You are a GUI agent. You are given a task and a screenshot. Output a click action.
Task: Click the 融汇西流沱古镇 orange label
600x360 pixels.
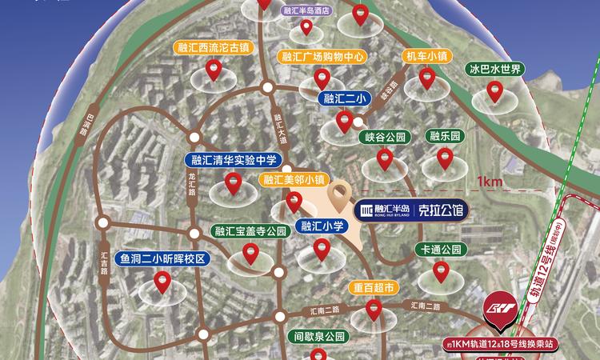coord(213,47)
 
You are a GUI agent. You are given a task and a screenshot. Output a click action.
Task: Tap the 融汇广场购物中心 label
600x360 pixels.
coord(323,58)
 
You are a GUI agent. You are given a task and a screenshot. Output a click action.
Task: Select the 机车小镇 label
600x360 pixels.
coord(426,57)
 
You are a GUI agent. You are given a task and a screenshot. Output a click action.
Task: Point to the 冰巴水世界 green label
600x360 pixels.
coord(495,70)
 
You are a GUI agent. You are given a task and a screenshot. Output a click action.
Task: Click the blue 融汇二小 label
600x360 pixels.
coord(344,99)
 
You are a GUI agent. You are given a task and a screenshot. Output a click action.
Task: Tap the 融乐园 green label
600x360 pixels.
coord(444,137)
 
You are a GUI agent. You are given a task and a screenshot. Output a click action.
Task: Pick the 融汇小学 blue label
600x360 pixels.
coord(322,226)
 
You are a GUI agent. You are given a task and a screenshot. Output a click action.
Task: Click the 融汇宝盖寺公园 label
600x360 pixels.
coord(250,231)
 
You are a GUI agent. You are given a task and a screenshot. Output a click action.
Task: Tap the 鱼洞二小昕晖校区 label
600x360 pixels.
coord(162,259)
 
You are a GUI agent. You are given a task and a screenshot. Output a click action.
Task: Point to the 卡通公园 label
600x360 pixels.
coord(439,250)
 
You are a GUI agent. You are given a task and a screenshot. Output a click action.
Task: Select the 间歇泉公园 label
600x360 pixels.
coord(318,337)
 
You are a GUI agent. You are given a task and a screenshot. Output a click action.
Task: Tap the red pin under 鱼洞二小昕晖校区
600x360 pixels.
coord(162,282)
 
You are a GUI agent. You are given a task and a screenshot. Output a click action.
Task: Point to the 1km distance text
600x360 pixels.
coord(489,182)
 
